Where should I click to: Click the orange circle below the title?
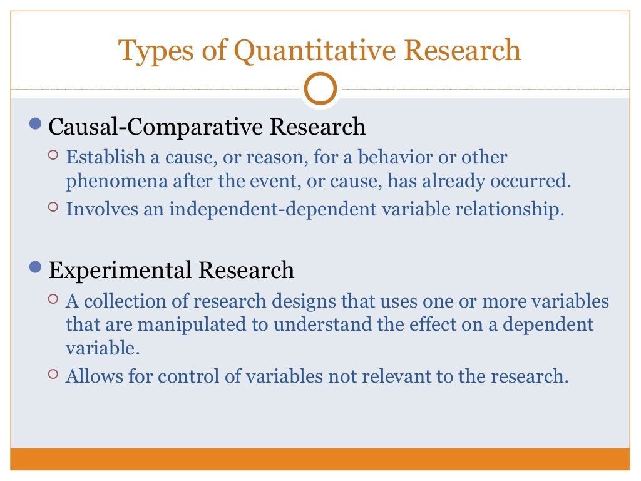(320, 90)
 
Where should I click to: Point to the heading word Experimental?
(121, 270)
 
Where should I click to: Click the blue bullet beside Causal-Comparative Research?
(38, 125)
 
